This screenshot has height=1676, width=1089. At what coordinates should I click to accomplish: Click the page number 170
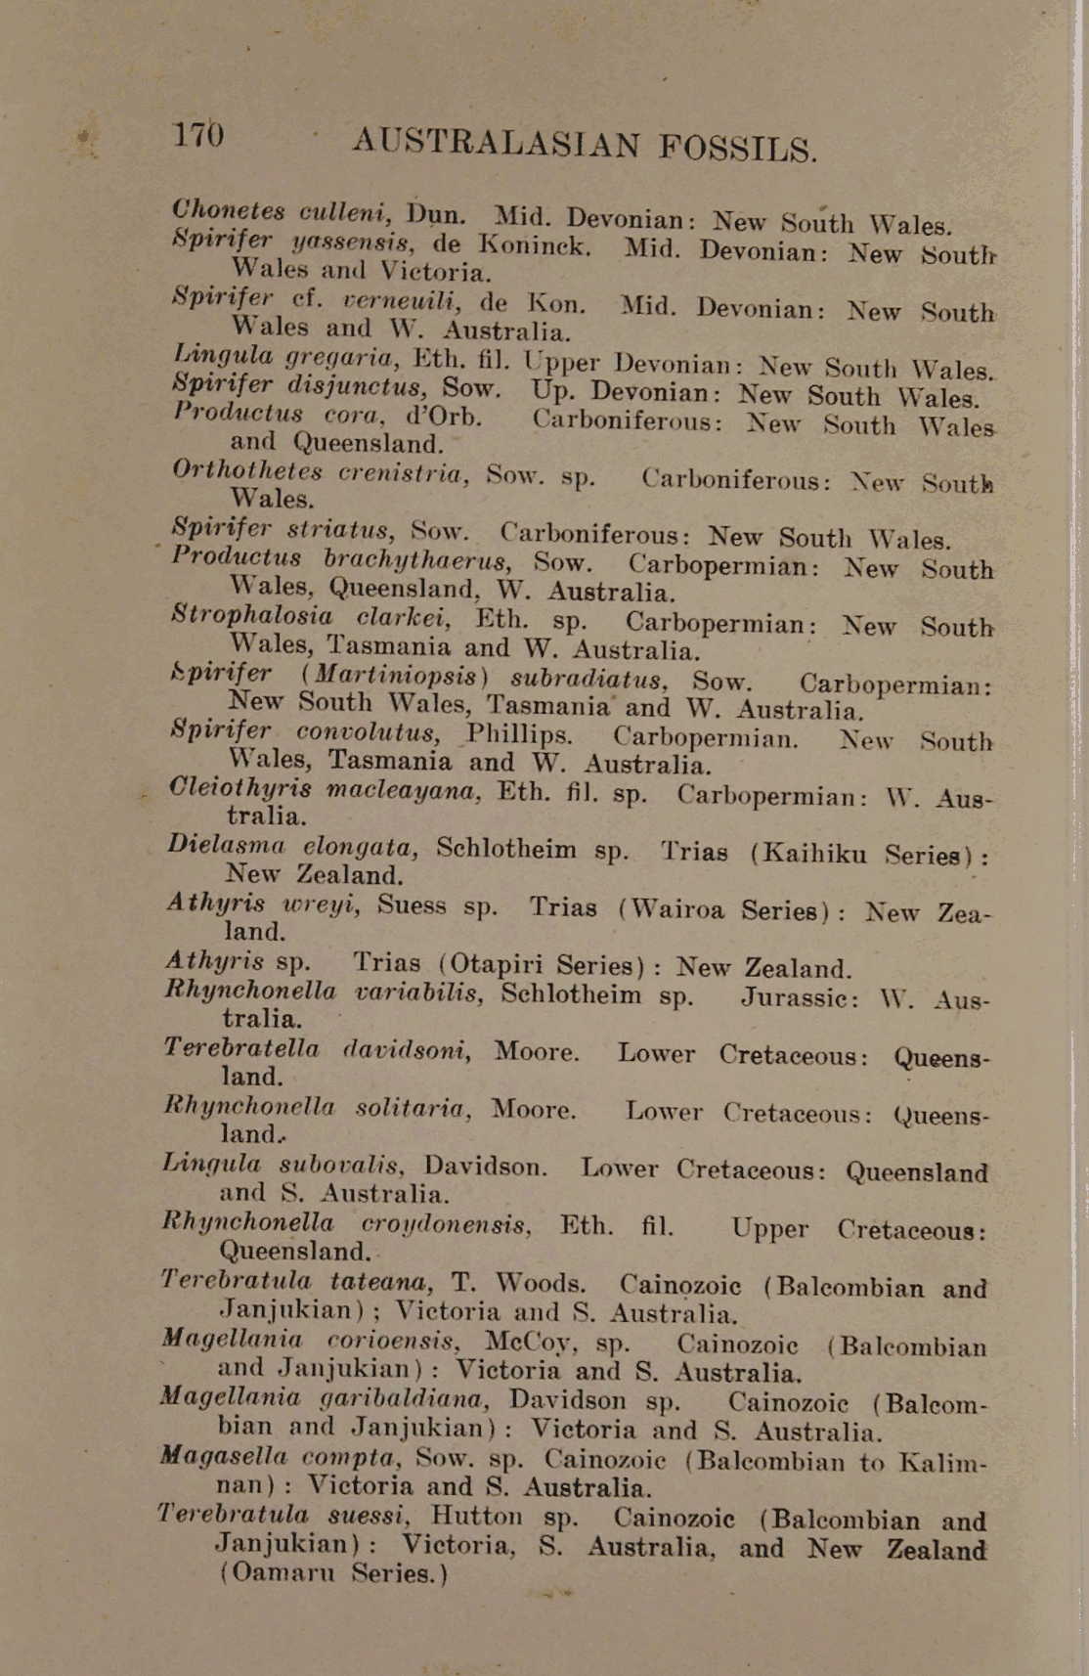(x=198, y=134)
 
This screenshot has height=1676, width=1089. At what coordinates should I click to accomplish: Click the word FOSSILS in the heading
(x=738, y=148)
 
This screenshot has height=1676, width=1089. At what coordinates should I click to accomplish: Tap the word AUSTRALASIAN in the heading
(x=496, y=143)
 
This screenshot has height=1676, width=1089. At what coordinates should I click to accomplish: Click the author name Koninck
(x=534, y=244)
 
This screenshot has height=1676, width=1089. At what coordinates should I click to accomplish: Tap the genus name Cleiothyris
(x=240, y=788)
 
